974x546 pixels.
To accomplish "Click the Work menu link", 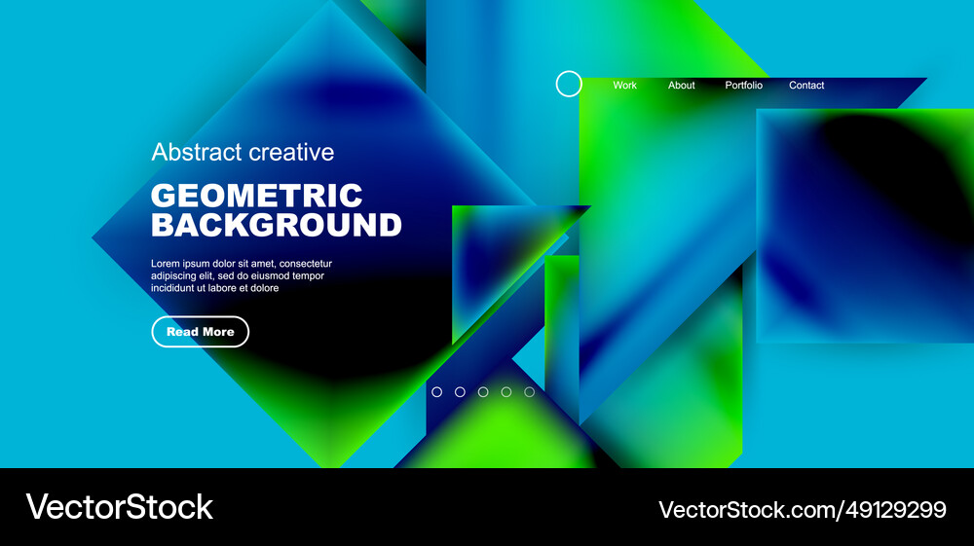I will tap(624, 86).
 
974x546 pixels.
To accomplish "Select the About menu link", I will tap(682, 86).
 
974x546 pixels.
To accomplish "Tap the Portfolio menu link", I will tap(744, 86).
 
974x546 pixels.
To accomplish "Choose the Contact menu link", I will tap(806, 86).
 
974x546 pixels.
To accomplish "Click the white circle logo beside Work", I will tap(569, 84).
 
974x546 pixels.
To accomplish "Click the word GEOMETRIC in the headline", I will tap(256, 195).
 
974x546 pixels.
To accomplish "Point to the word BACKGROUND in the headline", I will tap(276, 226).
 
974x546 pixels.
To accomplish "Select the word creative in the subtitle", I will tap(290, 152).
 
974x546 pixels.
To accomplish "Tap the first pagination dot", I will tap(436, 392).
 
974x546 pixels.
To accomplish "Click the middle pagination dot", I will tap(483, 392).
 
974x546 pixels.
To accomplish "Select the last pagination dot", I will tap(530, 392).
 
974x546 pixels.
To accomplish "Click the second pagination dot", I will tap(460, 392).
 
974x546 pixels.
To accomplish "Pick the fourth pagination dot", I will tap(506, 392).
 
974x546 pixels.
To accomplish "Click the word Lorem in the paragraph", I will tap(166, 264).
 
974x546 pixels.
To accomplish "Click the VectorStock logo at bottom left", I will tap(119, 507).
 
